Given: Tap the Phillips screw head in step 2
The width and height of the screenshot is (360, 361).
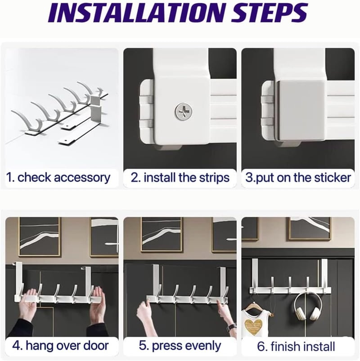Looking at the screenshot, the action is [183, 112].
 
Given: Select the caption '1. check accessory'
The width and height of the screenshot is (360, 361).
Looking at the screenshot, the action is [58, 177].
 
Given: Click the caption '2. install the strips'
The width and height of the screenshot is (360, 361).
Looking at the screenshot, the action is [180, 177].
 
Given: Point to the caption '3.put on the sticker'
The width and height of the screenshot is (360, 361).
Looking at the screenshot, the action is [298, 177].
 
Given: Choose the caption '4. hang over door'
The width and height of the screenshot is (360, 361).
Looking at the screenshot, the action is [60, 345].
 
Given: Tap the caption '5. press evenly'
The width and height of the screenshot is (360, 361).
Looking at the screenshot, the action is [180, 346].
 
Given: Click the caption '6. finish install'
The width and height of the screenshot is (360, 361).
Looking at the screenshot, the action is [296, 346].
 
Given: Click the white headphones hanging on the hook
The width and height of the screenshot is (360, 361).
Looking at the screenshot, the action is [306, 306].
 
